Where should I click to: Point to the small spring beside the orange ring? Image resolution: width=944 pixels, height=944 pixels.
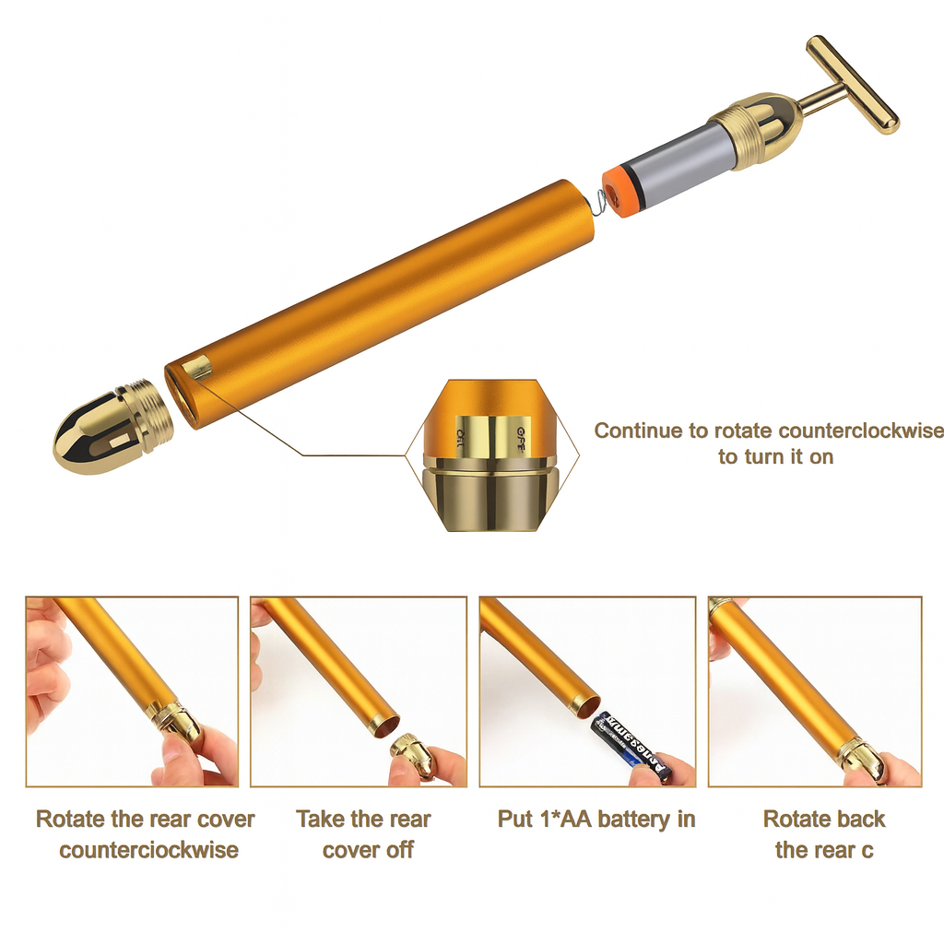pyautogui.click(x=601, y=198)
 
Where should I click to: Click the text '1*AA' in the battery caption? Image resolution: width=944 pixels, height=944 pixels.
pyautogui.click(x=572, y=819)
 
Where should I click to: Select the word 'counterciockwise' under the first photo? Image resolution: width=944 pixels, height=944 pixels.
pyautogui.click(x=149, y=850)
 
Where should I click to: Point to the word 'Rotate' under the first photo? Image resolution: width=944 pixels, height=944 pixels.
pyautogui.click(x=69, y=819)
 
